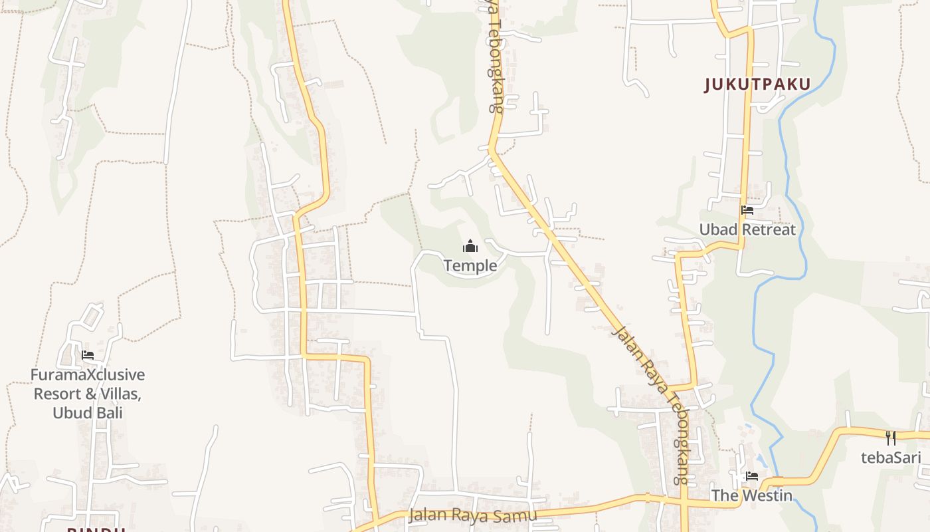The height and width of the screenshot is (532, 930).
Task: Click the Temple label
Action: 470,266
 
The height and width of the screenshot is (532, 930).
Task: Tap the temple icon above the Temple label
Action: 470,247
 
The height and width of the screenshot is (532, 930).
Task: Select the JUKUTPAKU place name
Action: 758,84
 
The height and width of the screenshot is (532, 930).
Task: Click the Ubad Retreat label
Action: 747,230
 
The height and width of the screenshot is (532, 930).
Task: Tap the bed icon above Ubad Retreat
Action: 747,211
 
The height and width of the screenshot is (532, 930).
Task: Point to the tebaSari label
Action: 891,458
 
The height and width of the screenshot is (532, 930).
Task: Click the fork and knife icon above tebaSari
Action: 891,438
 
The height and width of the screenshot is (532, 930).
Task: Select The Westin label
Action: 752,495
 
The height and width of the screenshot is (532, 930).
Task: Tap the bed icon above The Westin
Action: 752,476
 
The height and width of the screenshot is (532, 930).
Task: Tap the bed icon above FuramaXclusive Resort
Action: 88,355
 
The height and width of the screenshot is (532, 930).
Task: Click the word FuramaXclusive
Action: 88,375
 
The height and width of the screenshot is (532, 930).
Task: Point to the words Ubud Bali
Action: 88,412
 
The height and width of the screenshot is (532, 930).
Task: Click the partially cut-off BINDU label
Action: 96,529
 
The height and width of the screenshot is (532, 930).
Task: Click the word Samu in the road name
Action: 517,515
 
